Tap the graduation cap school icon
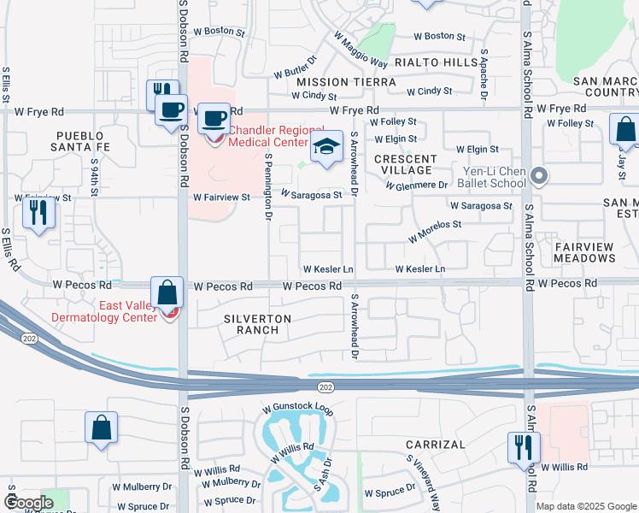point(325,148)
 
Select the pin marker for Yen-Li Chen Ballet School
point(539,177)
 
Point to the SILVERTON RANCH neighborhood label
point(257,324)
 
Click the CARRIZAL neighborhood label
point(436,445)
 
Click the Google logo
point(29,504)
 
